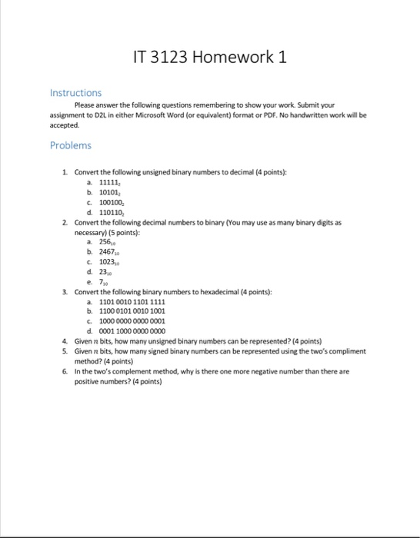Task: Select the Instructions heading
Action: pos(75,92)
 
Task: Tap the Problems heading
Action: pos(70,145)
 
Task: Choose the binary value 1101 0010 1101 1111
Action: pos(132,301)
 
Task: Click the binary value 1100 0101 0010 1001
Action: pos(132,311)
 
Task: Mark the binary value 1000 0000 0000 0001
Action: pos(132,321)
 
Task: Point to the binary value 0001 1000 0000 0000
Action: pos(132,331)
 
